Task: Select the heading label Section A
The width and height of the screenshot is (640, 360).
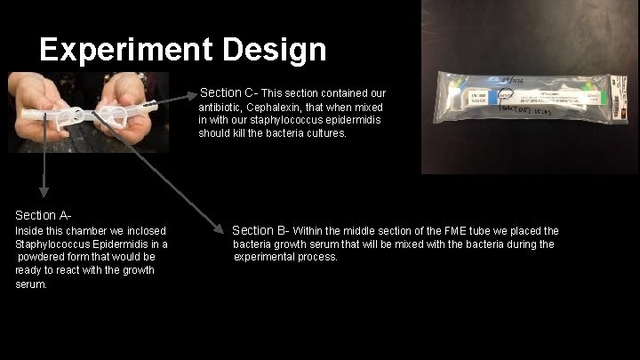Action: pyautogui.click(x=42, y=215)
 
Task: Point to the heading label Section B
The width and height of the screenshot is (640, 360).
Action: pyautogui.click(x=260, y=231)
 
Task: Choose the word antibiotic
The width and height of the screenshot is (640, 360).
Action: pyautogui.click(x=223, y=107)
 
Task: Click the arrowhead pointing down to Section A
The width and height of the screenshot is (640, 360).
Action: pyautogui.click(x=42, y=192)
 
